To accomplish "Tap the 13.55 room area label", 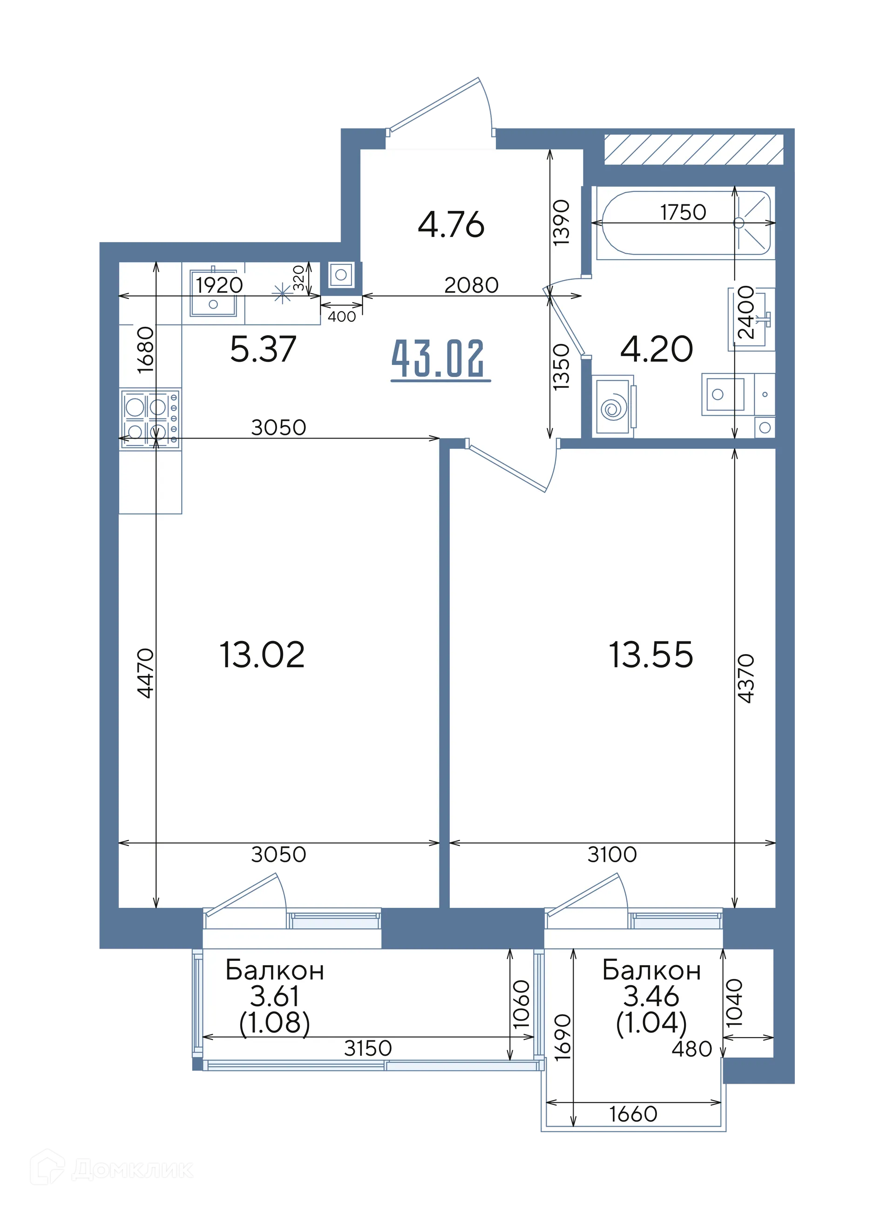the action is (651, 655).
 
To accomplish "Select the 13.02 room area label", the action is (262, 655).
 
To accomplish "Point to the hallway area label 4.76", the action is (451, 224).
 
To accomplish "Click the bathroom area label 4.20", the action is (657, 349).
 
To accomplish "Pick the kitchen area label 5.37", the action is (263, 349).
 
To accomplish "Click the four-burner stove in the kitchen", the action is (150, 418).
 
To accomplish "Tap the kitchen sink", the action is (213, 293).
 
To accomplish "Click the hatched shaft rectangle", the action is (694, 149).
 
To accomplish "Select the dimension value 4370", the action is (746, 678).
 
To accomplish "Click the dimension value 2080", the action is (471, 285).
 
